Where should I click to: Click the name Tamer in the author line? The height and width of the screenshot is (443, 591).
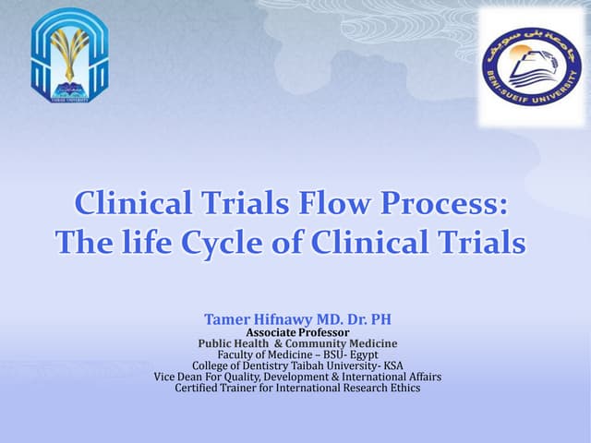pos(224,319)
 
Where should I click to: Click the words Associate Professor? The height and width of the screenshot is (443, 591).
pos(297,332)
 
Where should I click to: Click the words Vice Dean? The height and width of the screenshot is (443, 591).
pos(179,377)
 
